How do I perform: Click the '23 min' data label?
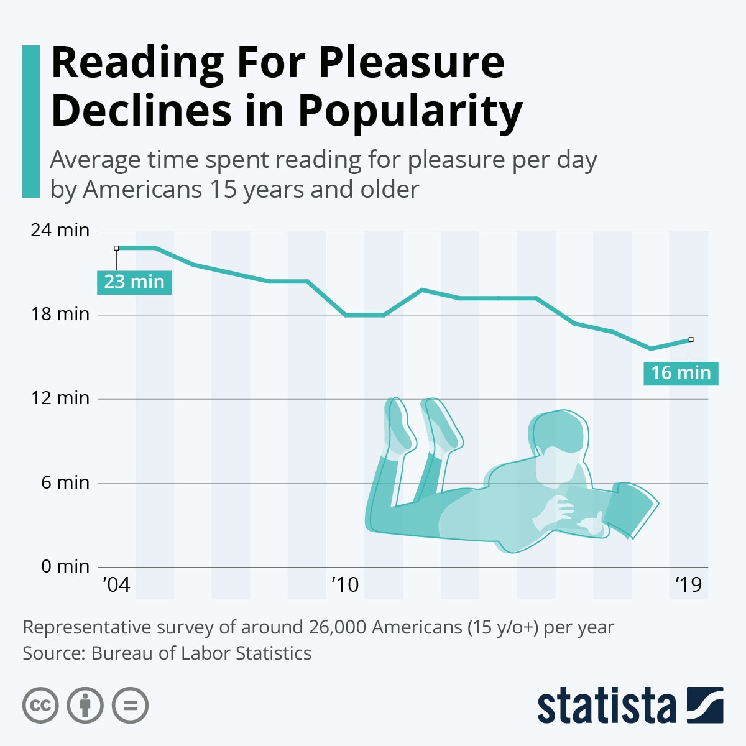pyautogui.click(x=134, y=282)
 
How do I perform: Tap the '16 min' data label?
pyautogui.click(x=681, y=373)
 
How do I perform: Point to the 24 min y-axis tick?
pyautogui.click(x=60, y=230)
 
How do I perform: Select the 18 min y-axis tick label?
pyautogui.click(x=60, y=314)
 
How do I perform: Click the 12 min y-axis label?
pyautogui.click(x=60, y=398)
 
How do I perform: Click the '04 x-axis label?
pyautogui.click(x=116, y=585)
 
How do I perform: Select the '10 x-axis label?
pyautogui.click(x=345, y=585)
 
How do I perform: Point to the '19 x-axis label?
pyautogui.click(x=688, y=585)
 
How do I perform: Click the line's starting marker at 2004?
pyautogui.click(x=116, y=248)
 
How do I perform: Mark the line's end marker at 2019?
pyautogui.click(x=691, y=339)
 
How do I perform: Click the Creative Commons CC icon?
pyautogui.click(x=40, y=706)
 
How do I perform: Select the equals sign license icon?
pyautogui.click(x=131, y=706)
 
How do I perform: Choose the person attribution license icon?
pyautogui.click(x=85, y=706)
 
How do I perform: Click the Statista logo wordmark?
pyautogui.click(x=606, y=707)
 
